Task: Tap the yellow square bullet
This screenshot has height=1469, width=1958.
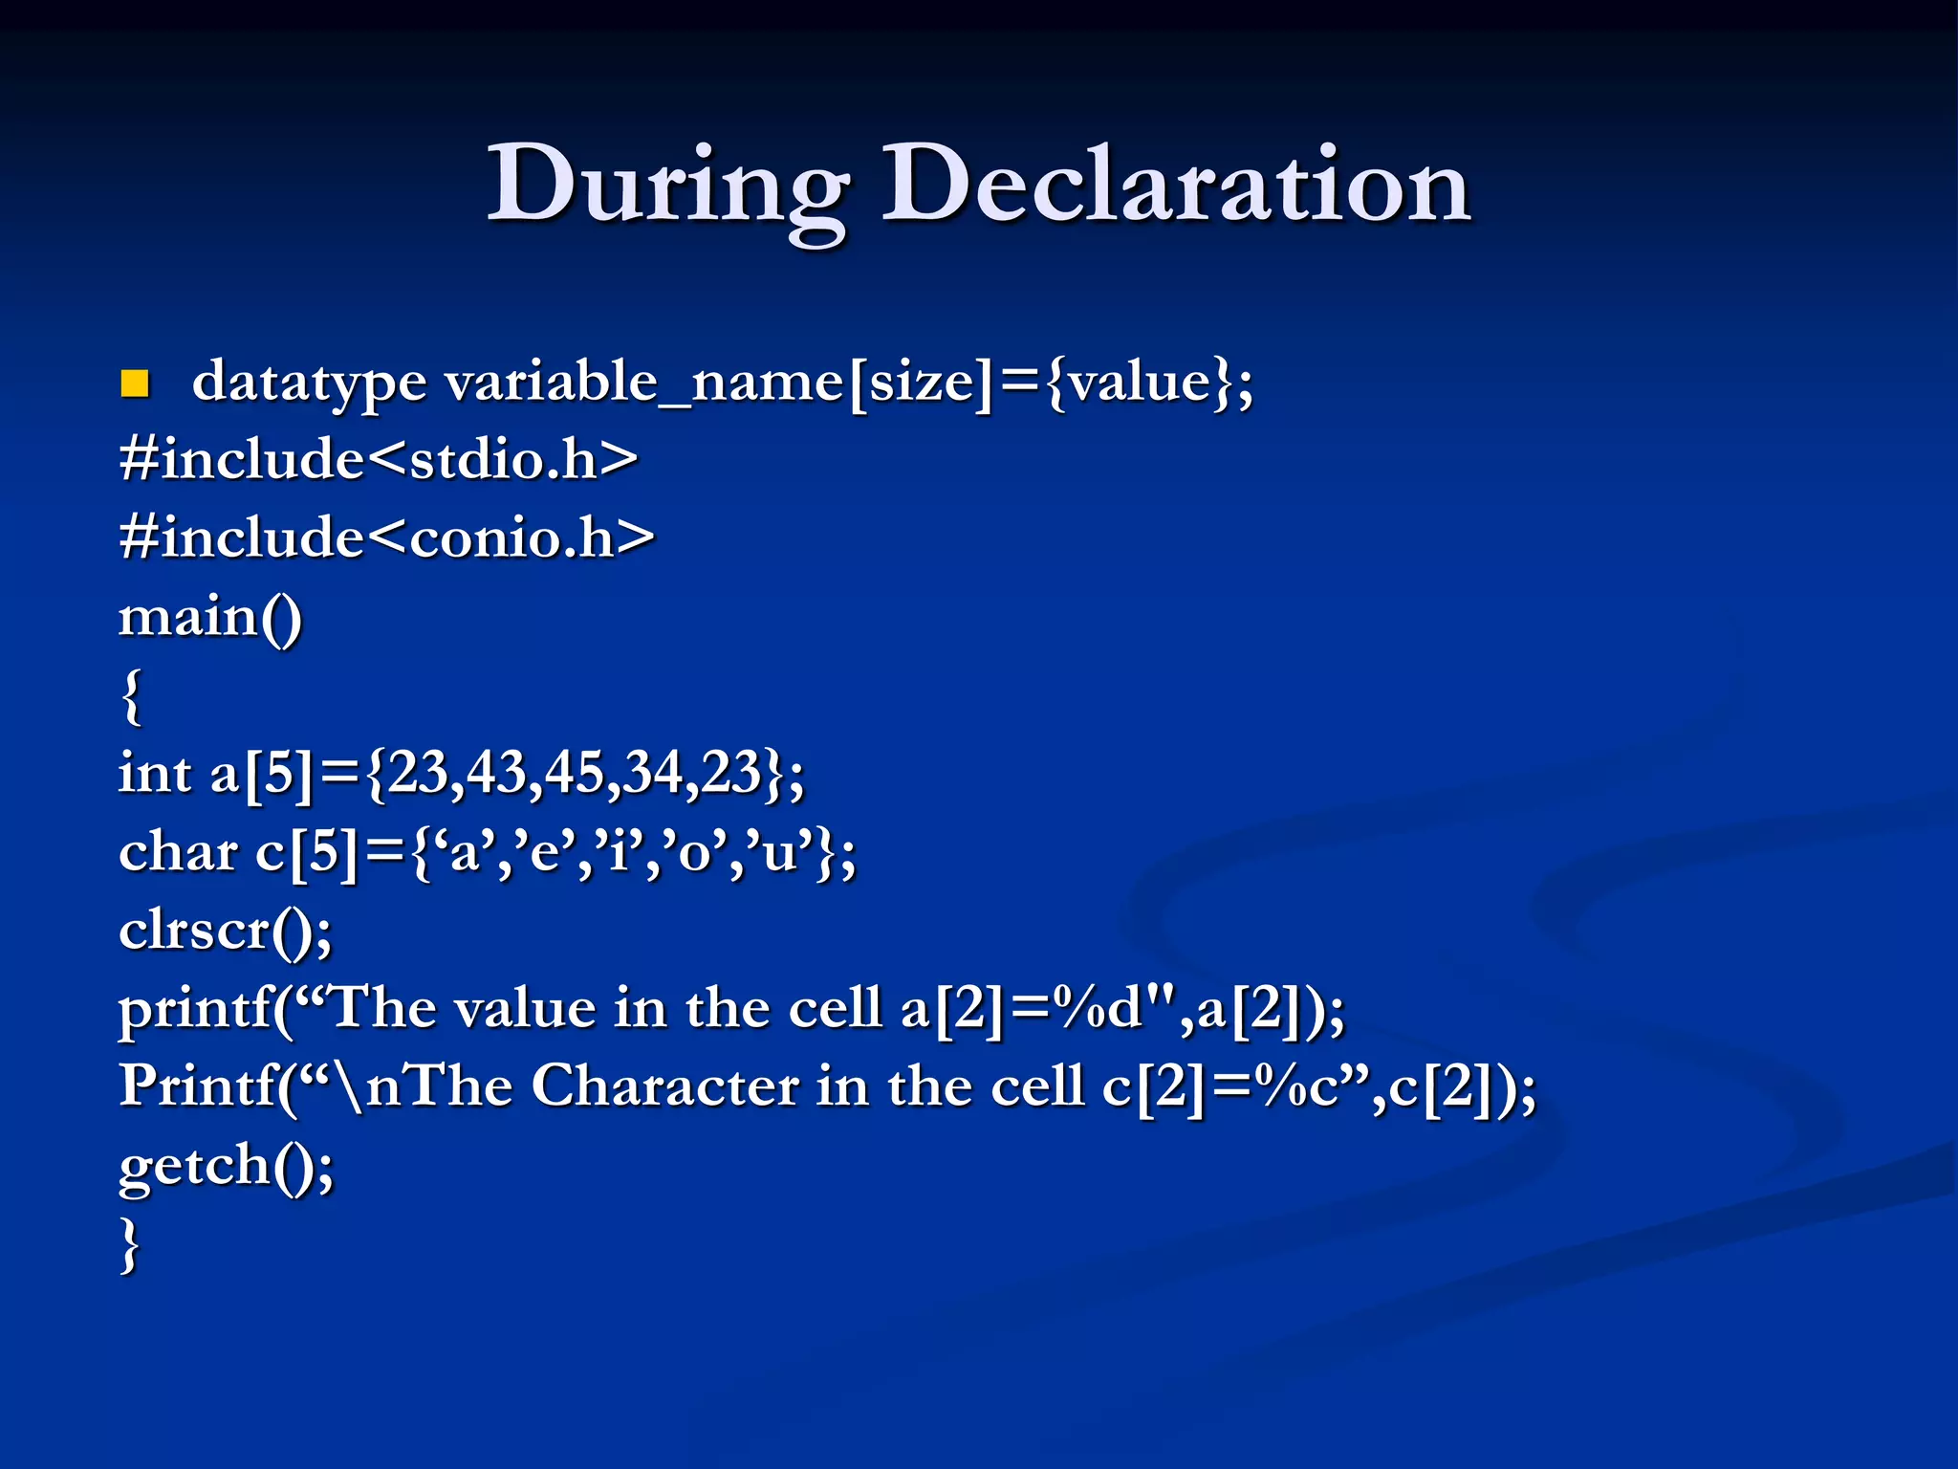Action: tap(135, 384)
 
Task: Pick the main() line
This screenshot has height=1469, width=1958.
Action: tap(210, 617)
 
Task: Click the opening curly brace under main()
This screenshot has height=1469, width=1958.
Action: tap(132, 696)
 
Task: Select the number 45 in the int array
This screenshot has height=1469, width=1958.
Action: tap(573, 773)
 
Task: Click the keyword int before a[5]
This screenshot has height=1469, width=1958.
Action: tap(154, 773)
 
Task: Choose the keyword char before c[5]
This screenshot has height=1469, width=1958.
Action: tap(178, 851)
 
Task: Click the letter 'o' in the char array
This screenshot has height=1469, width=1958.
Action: tap(691, 851)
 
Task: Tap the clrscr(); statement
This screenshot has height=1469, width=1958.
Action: tap(226, 930)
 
